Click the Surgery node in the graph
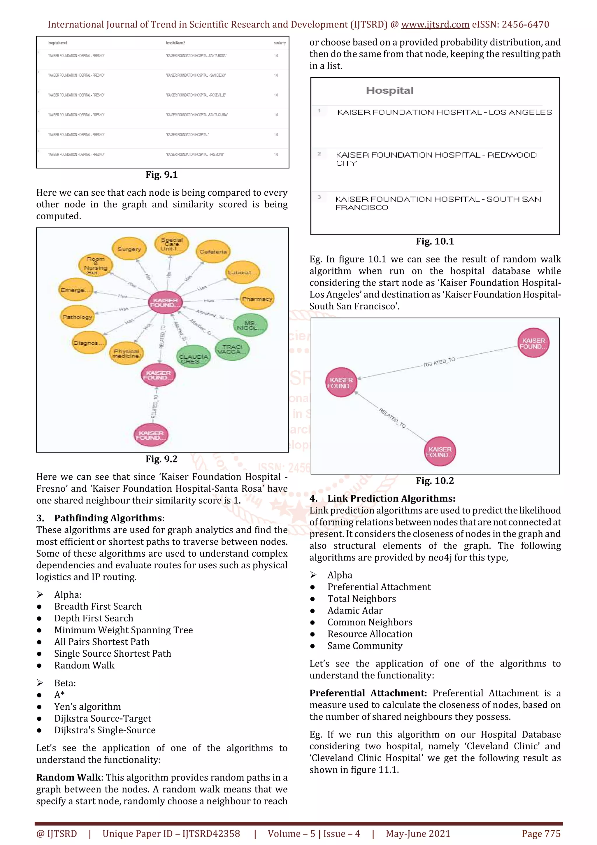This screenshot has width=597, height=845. click(129, 249)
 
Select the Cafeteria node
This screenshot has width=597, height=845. click(213, 252)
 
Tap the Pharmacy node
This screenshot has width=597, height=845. click(257, 299)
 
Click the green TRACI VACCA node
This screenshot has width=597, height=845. click(232, 349)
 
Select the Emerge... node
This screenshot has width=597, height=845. click(76, 290)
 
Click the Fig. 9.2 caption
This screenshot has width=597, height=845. click(161, 459)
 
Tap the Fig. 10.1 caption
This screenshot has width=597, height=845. click(435, 241)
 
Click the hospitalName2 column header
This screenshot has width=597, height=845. click(175, 43)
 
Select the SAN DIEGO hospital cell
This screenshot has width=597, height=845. click(196, 76)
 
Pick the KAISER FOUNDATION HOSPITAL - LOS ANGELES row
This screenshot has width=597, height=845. click(444, 112)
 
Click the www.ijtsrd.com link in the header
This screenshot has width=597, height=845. click(435, 25)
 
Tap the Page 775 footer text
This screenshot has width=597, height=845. click(541, 834)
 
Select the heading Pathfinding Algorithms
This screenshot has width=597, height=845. click(109, 518)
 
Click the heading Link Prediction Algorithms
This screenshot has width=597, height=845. click(391, 499)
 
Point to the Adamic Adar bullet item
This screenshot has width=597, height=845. click(355, 611)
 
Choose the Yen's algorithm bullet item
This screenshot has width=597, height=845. click(87, 706)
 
